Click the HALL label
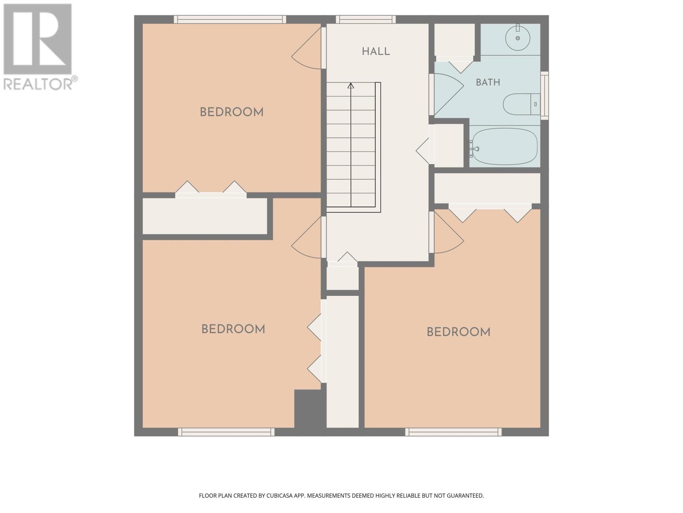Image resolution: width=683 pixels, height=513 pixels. point(376,51)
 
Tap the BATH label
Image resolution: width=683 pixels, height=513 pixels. point(488,82)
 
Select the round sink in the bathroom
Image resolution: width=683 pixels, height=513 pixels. point(518,38)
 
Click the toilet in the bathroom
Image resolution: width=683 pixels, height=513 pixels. point(522,104)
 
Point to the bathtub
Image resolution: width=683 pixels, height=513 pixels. point(505,146)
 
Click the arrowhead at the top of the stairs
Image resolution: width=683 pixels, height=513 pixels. point(351,85)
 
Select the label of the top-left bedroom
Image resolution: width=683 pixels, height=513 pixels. point(231,112)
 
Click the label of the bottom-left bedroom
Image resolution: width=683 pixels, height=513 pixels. point(233,329)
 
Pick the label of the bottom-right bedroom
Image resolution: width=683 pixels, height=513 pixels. point(458,332)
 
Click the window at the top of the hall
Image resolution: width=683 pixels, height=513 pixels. point(365,19)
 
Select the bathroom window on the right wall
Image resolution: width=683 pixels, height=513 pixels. point(545,95)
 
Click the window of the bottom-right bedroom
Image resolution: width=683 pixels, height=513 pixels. point(453,432)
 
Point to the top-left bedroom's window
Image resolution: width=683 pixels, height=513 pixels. point(230,19)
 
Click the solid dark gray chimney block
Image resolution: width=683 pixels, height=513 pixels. point(310,409)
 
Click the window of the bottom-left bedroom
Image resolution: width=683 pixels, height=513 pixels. point(226,432)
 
